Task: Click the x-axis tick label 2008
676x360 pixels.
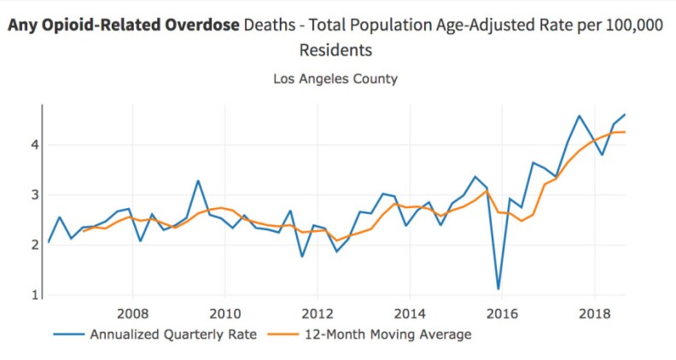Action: click(132, 312)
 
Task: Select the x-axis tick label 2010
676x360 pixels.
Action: click(224, 312)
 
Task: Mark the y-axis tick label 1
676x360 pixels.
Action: click(34, 295)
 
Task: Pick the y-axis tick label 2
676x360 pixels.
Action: click(34, 245)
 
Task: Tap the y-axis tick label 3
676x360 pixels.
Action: click(34, 195)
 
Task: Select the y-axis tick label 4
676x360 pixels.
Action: click(34, 144)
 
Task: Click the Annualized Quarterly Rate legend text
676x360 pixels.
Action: click(172, 334)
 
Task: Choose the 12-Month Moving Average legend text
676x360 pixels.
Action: click(388, 334)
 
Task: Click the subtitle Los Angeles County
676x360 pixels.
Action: click(335, 79)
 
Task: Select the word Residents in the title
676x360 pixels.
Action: click(335, 50)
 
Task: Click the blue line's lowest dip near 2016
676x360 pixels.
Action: click(498, 289)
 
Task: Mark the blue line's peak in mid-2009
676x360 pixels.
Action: click(198, 181)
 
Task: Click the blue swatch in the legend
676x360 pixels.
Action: click(68, 334)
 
